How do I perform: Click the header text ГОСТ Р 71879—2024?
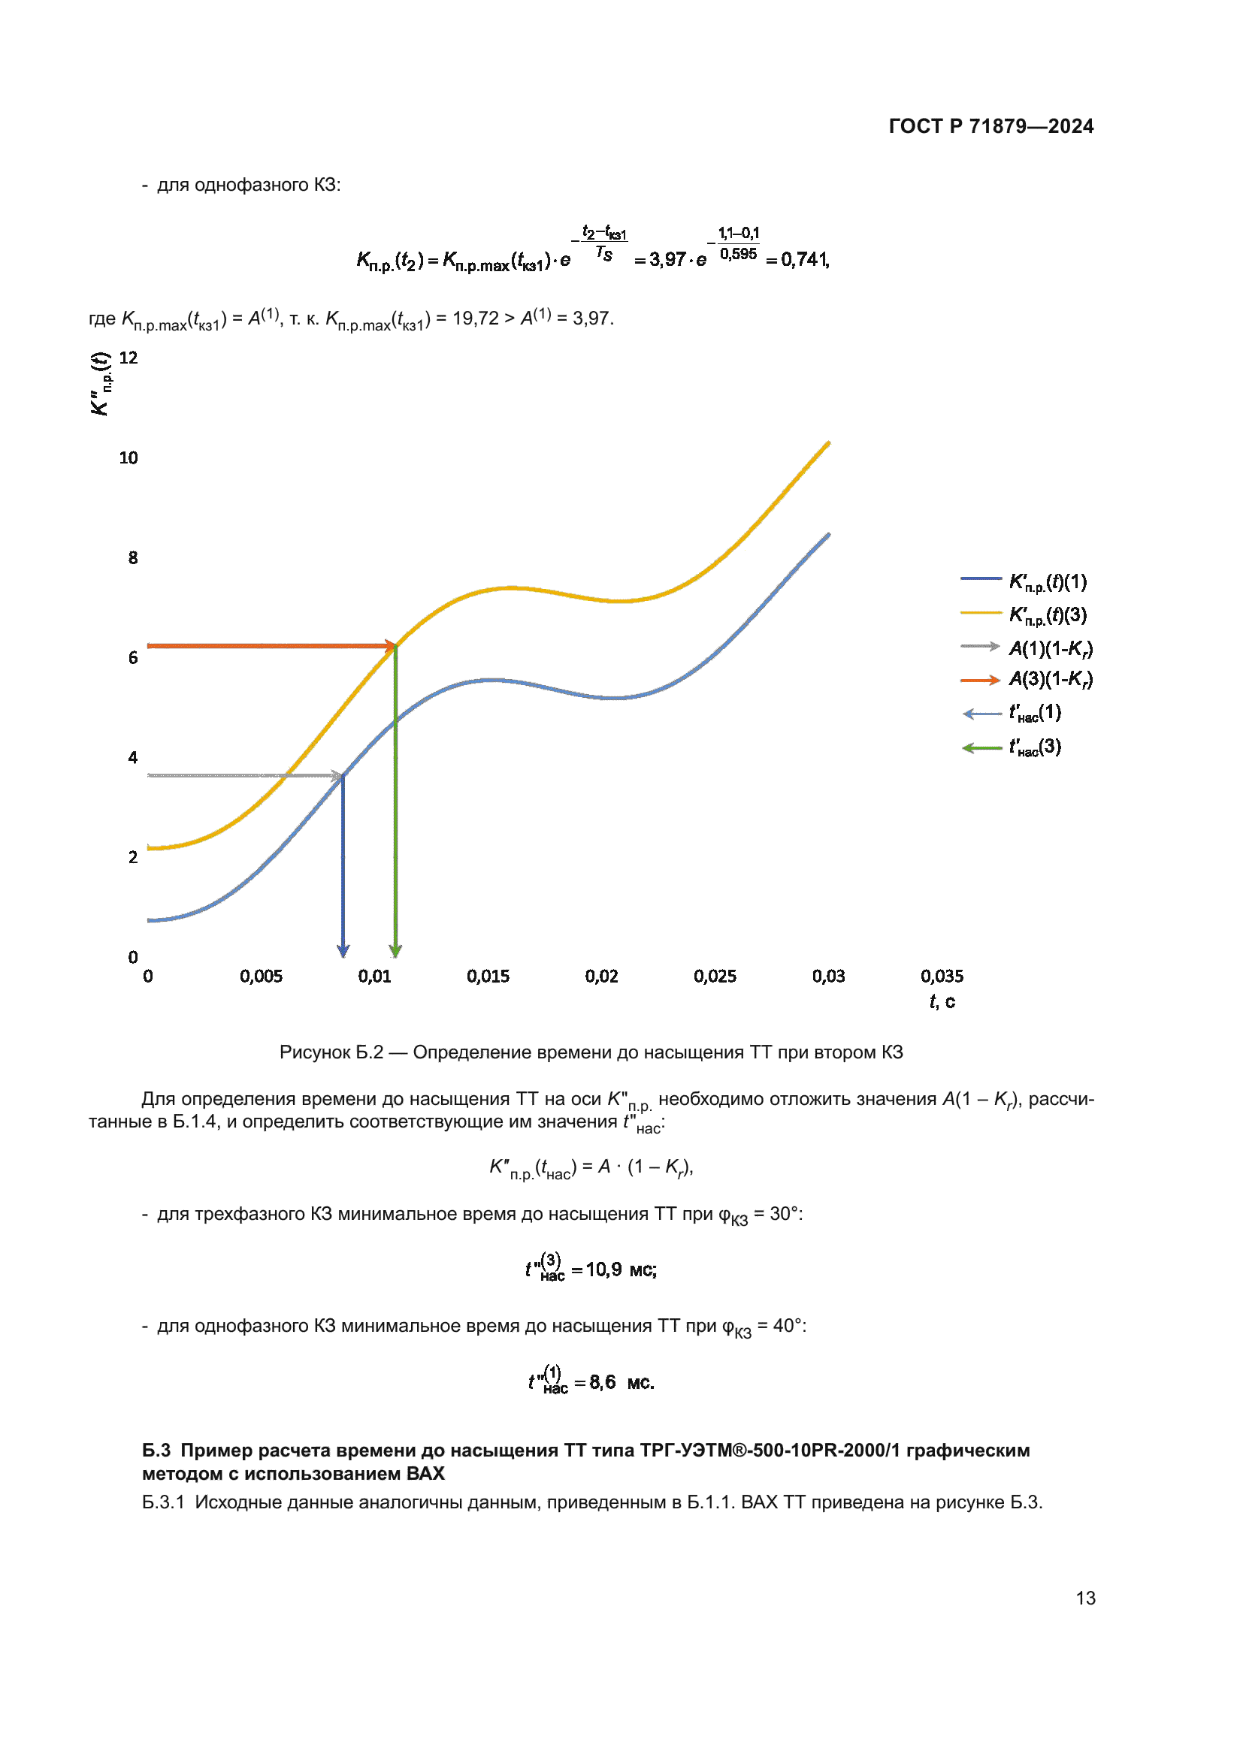pyautogui.click(x=990, y=126)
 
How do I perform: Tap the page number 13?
pyautogui.click(x=1085, y=1598)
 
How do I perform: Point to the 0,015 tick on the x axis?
pyautogui.click(x=488, y=977)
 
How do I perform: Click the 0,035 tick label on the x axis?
pyautogui.click(x=942, y=977)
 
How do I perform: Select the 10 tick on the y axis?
pyautogui.click(x=129, y=458)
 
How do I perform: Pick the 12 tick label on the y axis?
pyautogui.click(x=129, y=358)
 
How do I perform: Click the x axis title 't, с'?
pyautogui.click(x=942, y=1002)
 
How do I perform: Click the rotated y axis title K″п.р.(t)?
pyautogui.click(x=101, y=384)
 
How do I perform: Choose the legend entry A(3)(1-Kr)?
pyautogui.click(x=1050, y=680)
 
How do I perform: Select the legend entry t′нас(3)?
pyautogui.click(x=1035, y=747)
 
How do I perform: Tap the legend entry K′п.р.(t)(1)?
pyautogui.click(x=1047, y=582)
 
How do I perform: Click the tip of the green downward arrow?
pyautogui.click(x=395, y=956)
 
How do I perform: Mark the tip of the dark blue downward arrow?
pyautogui.click(x=343, y=956)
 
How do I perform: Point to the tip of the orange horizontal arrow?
pyautogui.click(x=395, y=646)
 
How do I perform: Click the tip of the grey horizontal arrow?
pyautogui.click(x=342, y=776)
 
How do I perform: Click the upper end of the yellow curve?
pyautogui.click(x=829, y=443)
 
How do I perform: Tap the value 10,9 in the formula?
pyautogui.click(x=604, y=1270)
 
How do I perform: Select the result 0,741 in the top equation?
pyautogui.click(x=803, y=260)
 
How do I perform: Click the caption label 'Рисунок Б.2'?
pyautogui.click(x=331, y=1052)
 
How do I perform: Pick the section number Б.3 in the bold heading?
pyautogui.click(x=156, y=1450)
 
